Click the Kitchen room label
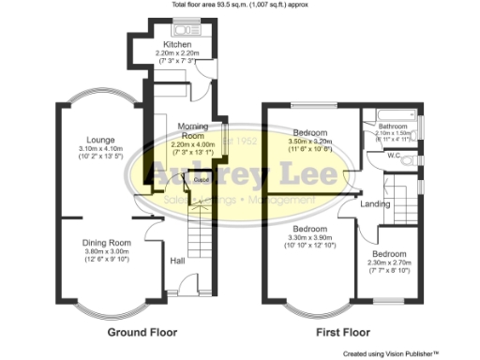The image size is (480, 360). click(177, 44)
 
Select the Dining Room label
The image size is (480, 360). click(106, 243)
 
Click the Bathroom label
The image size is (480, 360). click(393, 127)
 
